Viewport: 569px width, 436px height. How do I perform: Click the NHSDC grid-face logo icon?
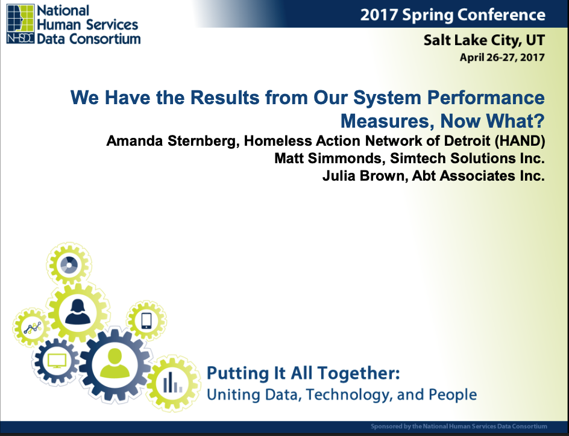[20, 24]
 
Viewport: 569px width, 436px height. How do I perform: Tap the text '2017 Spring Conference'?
[453, 15]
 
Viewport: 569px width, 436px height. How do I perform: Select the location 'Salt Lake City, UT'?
[484, 40]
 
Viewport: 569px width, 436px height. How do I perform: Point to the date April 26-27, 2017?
[502, 57]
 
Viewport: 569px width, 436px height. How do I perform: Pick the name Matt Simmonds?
[330, 158]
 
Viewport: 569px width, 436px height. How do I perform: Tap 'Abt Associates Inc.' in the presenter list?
[478, 176]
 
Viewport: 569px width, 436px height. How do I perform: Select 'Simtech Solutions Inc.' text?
[467, 158]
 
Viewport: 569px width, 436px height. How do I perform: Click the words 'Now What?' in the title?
[492, 120]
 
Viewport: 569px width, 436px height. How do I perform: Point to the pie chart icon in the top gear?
[69, 264]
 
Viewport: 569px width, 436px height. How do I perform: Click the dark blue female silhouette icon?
[78, 312]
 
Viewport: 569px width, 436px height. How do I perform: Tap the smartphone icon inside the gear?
[146, 320]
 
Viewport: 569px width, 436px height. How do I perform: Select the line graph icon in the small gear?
[33, 328]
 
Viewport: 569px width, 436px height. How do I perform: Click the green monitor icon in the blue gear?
[57, 361]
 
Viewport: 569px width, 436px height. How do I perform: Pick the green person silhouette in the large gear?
[115, 364]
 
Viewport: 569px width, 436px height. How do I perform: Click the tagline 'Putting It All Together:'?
[303, 373]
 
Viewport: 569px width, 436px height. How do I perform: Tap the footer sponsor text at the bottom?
[459, 426]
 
